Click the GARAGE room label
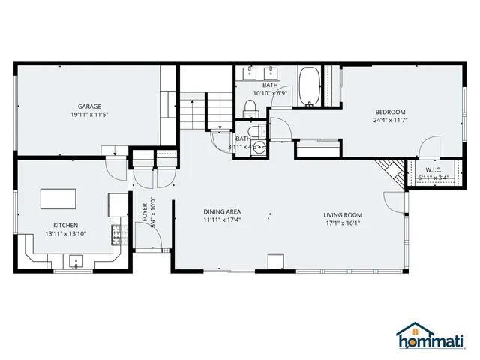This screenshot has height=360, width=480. point(89,106)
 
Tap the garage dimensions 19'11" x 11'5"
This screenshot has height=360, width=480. point(89,115)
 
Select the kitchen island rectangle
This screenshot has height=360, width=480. point(58,198)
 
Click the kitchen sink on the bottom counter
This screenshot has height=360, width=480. point(75,262)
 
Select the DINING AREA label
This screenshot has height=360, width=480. point(222,211)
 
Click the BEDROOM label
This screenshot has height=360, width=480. point(390,112)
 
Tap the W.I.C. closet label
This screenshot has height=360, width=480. point(433,169)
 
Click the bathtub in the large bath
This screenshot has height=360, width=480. point(309,85)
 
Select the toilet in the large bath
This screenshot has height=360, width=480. point(251,107)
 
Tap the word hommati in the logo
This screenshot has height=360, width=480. point(434,342)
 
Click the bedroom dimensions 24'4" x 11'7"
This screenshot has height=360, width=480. point(390,121)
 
